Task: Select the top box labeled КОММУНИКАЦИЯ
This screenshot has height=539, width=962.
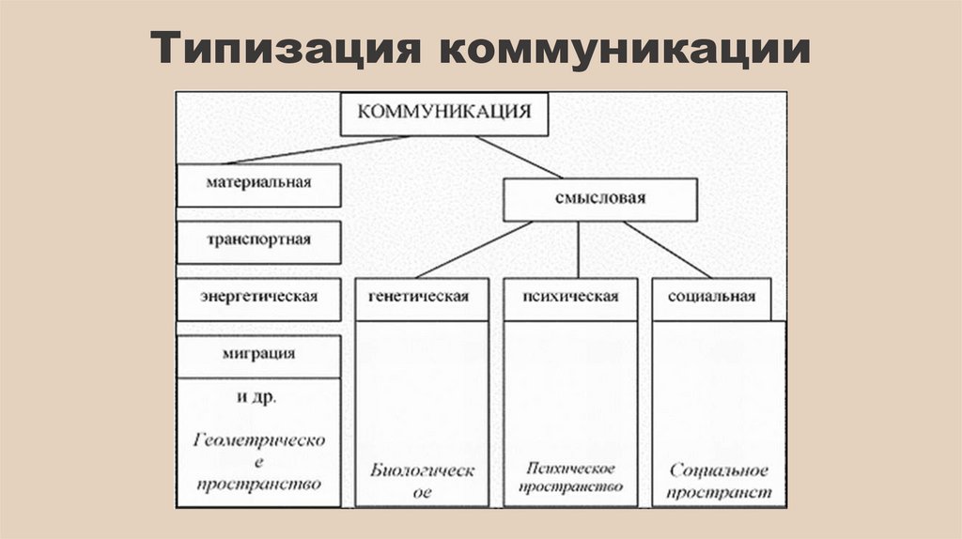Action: pos(444,113)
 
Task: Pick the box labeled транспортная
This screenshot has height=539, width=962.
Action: pos(258,240)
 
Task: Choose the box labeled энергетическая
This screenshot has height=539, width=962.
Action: pos(258,298)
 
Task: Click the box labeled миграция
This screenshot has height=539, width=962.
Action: pos(258,354)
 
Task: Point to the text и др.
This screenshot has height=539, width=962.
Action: pos(256,398)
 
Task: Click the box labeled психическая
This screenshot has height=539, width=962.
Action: pos(570,298)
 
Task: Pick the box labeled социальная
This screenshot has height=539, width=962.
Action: pos(712,298)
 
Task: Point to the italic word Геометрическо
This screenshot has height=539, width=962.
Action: pos(259,440)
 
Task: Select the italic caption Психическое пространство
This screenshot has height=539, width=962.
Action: pos(570,478)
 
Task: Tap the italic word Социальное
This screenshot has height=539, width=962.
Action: pos(720,470)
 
